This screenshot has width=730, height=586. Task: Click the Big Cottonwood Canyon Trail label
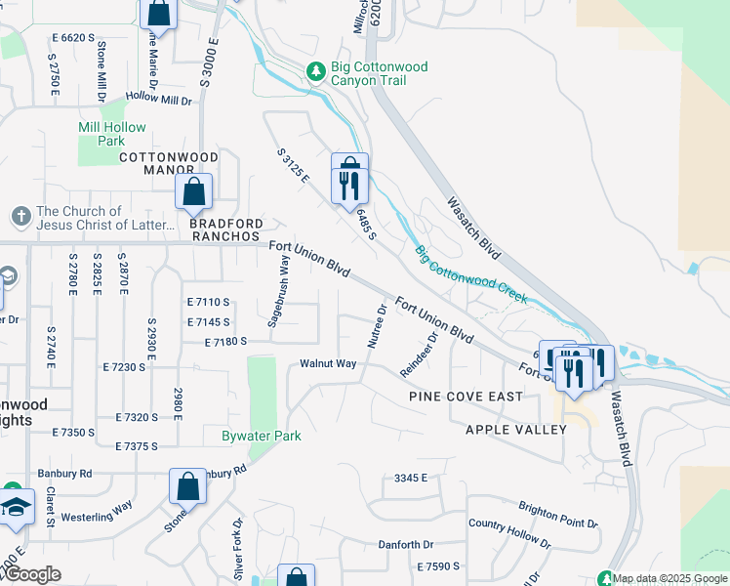381,73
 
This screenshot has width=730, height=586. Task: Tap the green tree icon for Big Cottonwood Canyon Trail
315,71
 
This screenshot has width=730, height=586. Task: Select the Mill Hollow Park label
112,134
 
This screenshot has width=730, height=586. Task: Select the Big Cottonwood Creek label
471,273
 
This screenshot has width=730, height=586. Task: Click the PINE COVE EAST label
466,397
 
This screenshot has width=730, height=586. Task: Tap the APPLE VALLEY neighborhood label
515,430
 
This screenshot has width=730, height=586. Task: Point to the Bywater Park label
261,436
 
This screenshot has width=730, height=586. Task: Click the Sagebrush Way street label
278,290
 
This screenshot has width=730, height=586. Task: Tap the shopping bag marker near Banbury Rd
187,487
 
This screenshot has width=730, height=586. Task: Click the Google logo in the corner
32,575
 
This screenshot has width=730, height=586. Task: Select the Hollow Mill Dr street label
158,99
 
